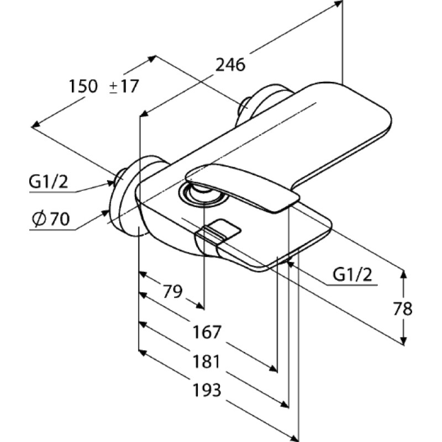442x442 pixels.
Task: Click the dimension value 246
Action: pyautogui.click(x=230, y=65)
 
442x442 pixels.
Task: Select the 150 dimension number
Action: pyautogui.click(x=83, y=86)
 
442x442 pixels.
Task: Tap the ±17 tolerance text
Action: pyautogui.click(x=124, y=86)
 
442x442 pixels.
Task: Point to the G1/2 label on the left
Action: pyautogui.click(x=48, y=182)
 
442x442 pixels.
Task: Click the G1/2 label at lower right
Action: pyautogui.click(x=352, y=275)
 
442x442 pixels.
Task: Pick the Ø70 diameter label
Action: pyautogui.click(x=51, y=219)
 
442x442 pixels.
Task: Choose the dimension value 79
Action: pyautogui.click(x=173, y=292)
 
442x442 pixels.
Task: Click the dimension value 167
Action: pyautogui.click(x=207, y=332)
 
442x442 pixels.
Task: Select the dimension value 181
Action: pyautogui.click(x=206, y=361)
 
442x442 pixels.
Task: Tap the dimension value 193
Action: pyautogui.click(x=207, y=390)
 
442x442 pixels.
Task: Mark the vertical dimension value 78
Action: pyautogui.click(x=403, y=309)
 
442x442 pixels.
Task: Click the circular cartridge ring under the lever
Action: pyautogui.click(x=203, y=194)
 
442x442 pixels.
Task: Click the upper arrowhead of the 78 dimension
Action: pyautogui.click(x=404, y=274)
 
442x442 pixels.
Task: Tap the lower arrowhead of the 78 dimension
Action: pyautogui.click(x=404, y=341)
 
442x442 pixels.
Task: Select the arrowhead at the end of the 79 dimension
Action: pyautogui.click(x=200, y=306)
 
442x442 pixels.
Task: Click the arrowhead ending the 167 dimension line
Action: pyautogui.click(x=273, y=368)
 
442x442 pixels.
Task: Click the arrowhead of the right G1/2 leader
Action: pyautogui.click(x=291, y=264)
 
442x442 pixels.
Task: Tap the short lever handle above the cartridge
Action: pyautogui.click(x=241, y=188)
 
